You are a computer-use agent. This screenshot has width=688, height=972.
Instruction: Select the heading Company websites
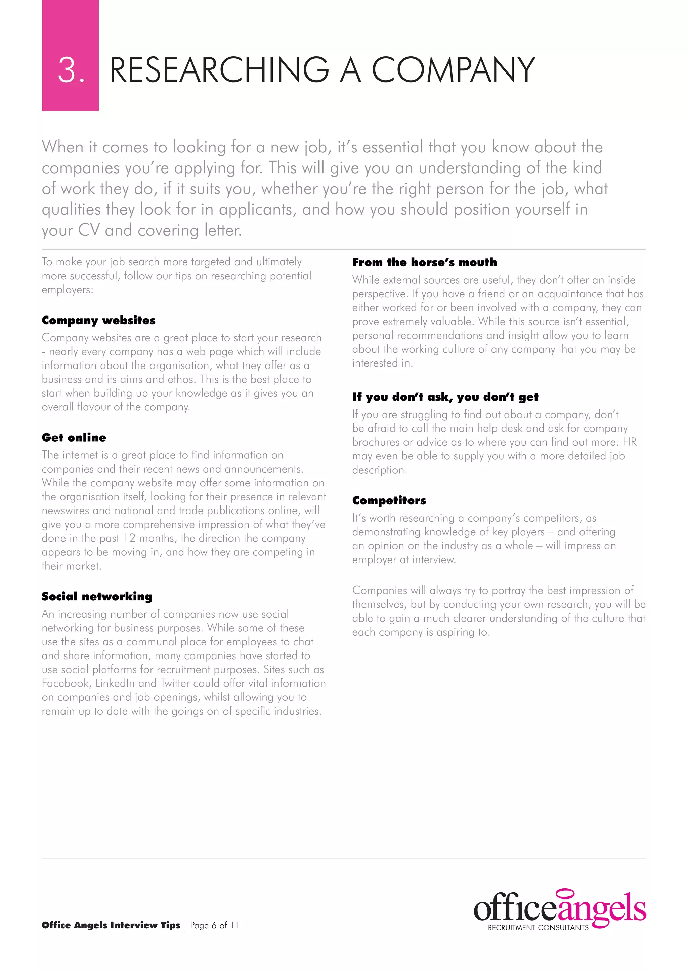pos(98,320)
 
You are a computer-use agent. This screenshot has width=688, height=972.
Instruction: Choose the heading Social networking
pos(97,596)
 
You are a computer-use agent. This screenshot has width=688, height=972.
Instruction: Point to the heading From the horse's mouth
pos(424,262)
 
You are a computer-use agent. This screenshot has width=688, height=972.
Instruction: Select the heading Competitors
pos(389,500)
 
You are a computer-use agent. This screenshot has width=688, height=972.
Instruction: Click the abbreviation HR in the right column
pos(630,442)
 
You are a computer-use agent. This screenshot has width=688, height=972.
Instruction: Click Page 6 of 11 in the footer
pos(214,925)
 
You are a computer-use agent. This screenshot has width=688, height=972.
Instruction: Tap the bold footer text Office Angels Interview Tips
pos(111,925)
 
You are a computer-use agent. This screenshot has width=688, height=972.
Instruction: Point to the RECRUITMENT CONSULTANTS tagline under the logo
pos(538,928)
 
